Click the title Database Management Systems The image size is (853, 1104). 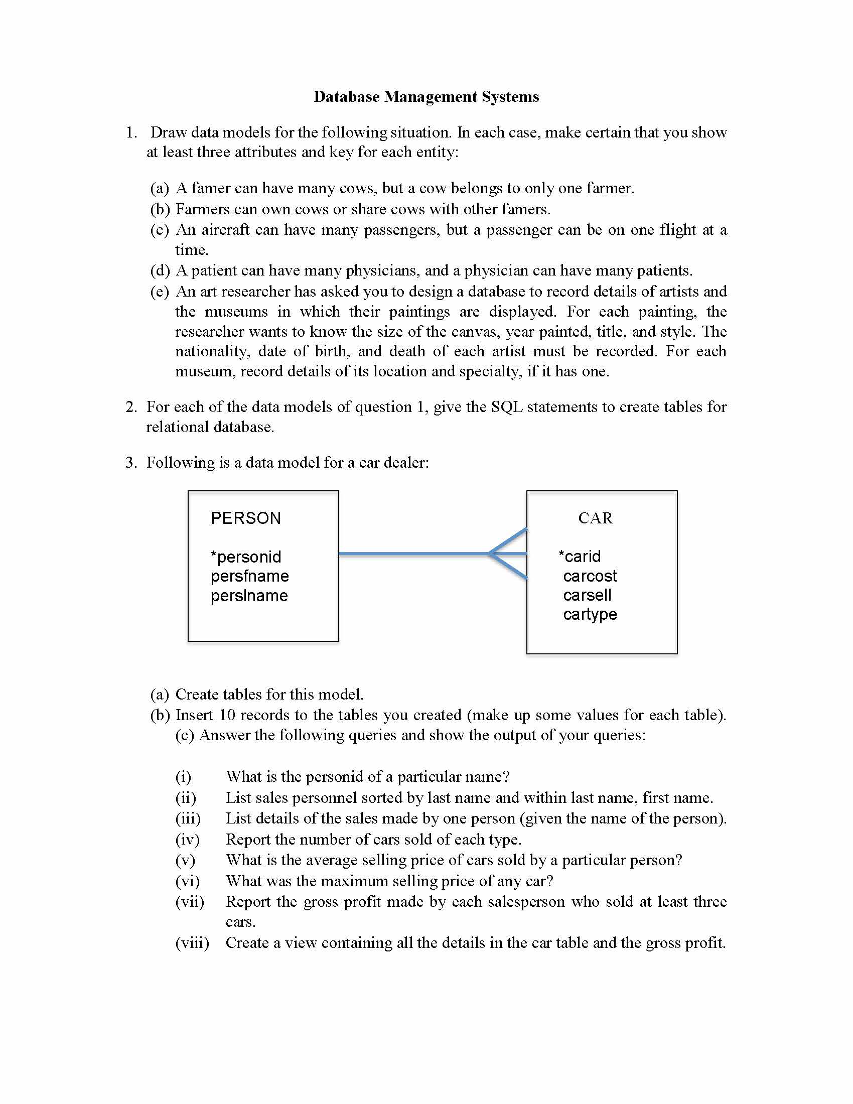(426, 96)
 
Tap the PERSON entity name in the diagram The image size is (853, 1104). (245, 518)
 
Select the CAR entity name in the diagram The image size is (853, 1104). (595, 518)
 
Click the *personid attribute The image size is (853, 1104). (245, 557)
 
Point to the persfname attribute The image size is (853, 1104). (250, 576)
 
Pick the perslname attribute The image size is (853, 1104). (249, 596)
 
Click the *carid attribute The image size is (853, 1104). (580, 557)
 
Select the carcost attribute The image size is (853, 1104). (590, 576)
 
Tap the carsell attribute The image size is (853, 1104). (587, 596)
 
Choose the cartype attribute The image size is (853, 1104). (590, 614)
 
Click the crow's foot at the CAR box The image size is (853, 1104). (508, 554)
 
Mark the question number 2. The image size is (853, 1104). (131, 407)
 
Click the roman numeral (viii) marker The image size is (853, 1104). (192, 943)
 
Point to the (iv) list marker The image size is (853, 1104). (188, 839)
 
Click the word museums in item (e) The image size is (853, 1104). (236, 312)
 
